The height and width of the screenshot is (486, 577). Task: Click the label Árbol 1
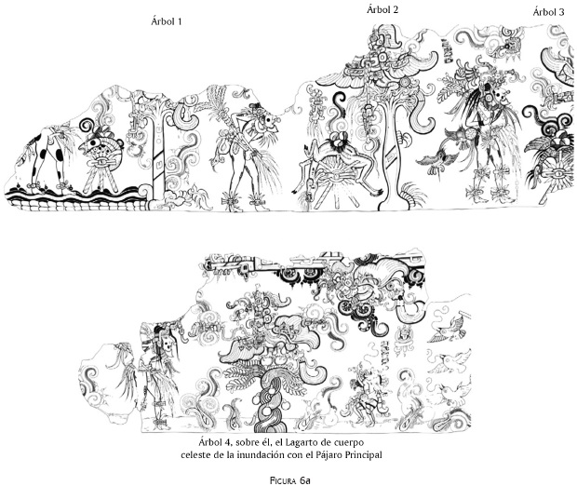(167, 21)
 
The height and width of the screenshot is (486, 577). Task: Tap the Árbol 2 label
(382, 10)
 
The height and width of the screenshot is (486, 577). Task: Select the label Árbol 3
(548, 12)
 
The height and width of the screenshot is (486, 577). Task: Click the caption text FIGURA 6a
(290, 480)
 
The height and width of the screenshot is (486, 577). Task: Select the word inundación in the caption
(259, 455)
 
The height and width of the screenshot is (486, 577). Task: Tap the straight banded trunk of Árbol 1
(158, 155)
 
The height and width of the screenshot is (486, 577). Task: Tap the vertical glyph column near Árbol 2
(447, 50)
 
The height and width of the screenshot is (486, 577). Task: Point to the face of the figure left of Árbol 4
(168, 344)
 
